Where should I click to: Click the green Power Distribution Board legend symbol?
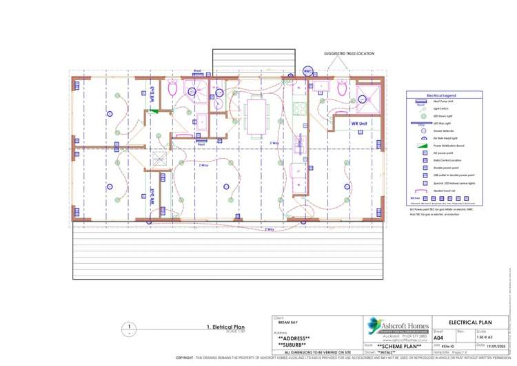[x=418, y=146]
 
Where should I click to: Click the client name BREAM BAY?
[x=288, y=322]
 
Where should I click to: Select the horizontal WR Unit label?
[x=360, y=124]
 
